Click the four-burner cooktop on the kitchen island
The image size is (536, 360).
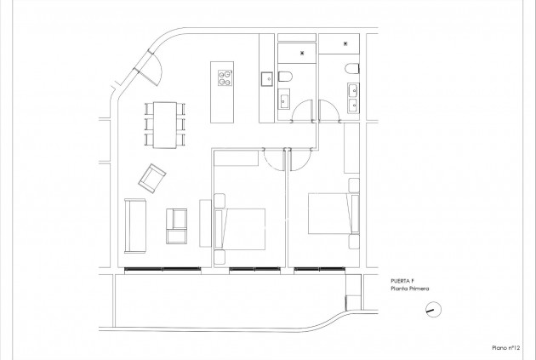[226, 77]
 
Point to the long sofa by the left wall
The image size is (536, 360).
[134, 225]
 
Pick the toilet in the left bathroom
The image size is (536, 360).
[287, 79]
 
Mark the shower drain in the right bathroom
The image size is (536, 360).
[346, 42]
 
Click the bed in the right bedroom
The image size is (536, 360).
[328, 216]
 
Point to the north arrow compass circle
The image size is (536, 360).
[431, 310]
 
